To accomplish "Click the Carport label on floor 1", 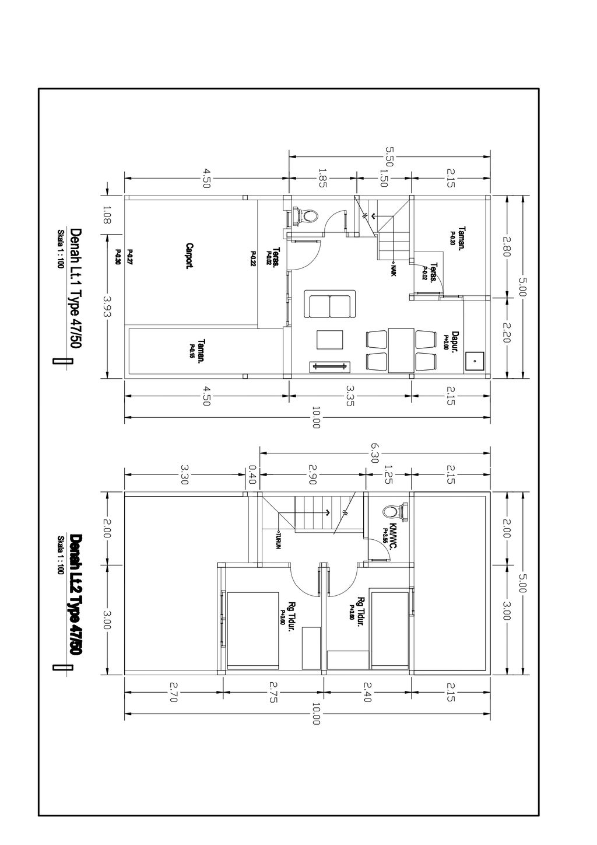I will pos(189,255).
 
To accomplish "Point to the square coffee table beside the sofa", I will pos(330,340).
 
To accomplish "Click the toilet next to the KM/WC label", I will pos(393,512).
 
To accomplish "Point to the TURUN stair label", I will pos(279,540).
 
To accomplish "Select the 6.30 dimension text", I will pos(374,452).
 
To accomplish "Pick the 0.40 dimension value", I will pos(252,472).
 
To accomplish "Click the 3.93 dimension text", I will pos(107,307).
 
